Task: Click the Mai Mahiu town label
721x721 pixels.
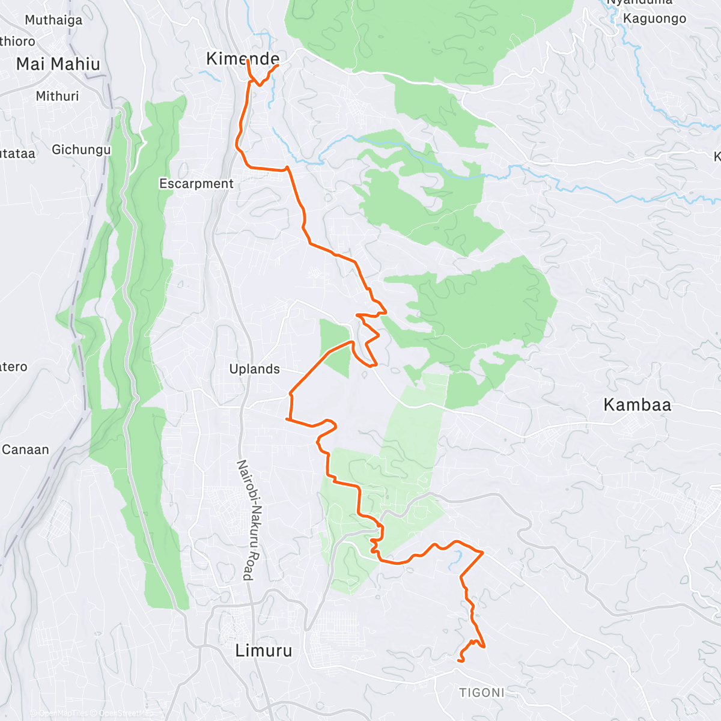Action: pyautogui.click(x=58, y=64)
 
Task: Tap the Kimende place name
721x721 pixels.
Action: pyautogui.click(x=243, y=58)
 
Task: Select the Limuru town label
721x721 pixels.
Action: pyautogui.click(x=264, y=650)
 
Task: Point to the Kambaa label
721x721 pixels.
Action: pyautogui.click(x=637, y=405)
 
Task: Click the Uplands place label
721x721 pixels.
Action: pyautogui.click(x=255, y=369)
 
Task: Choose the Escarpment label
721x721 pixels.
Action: pyautogui.click(x=196, y=184)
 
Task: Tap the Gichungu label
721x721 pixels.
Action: pyautogui.click(x=81, y=150)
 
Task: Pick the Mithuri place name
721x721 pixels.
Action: pyautogui.click(x=57, y=96)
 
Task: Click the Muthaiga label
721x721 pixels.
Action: pyautogui.click(x=53, y=20)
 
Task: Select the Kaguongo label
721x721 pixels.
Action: pyautogui.click(x=654, y=19)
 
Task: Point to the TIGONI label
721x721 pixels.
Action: pyautogui.click(x=482, y=693)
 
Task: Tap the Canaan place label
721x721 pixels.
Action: pyautogui.click(x=25, y=449)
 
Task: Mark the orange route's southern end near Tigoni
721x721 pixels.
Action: pyautogui.click(x=459, y=661)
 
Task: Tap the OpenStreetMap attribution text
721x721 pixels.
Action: pyautogui.click(x=126, y=713)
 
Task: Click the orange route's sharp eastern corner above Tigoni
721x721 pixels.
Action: pyautogui.click(x=483, y=552)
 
